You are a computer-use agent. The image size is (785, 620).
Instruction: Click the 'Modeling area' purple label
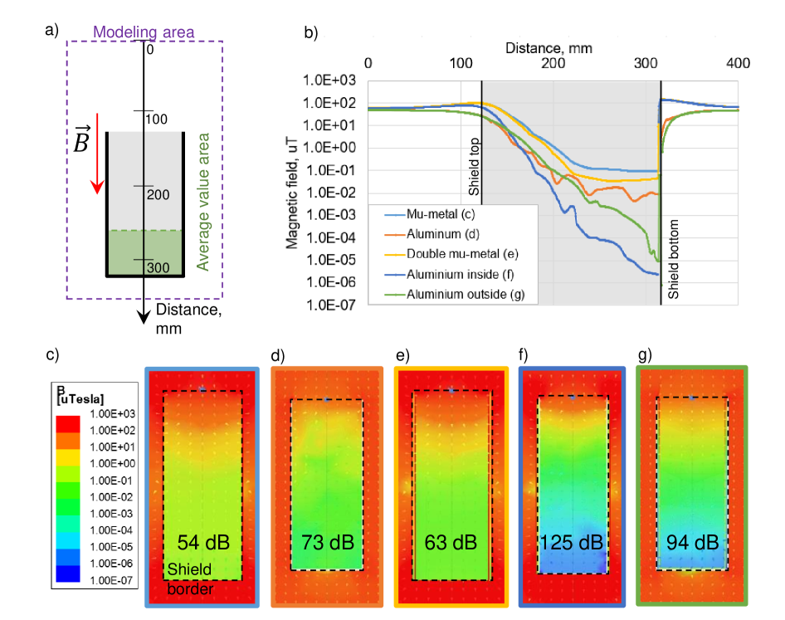click(x=144, y=33)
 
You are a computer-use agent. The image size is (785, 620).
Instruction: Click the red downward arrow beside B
click(x=98, y=153)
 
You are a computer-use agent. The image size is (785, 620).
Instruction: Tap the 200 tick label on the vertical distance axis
click(x=158, y=194)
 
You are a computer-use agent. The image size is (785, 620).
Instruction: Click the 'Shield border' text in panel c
click(x=189, y=579)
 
